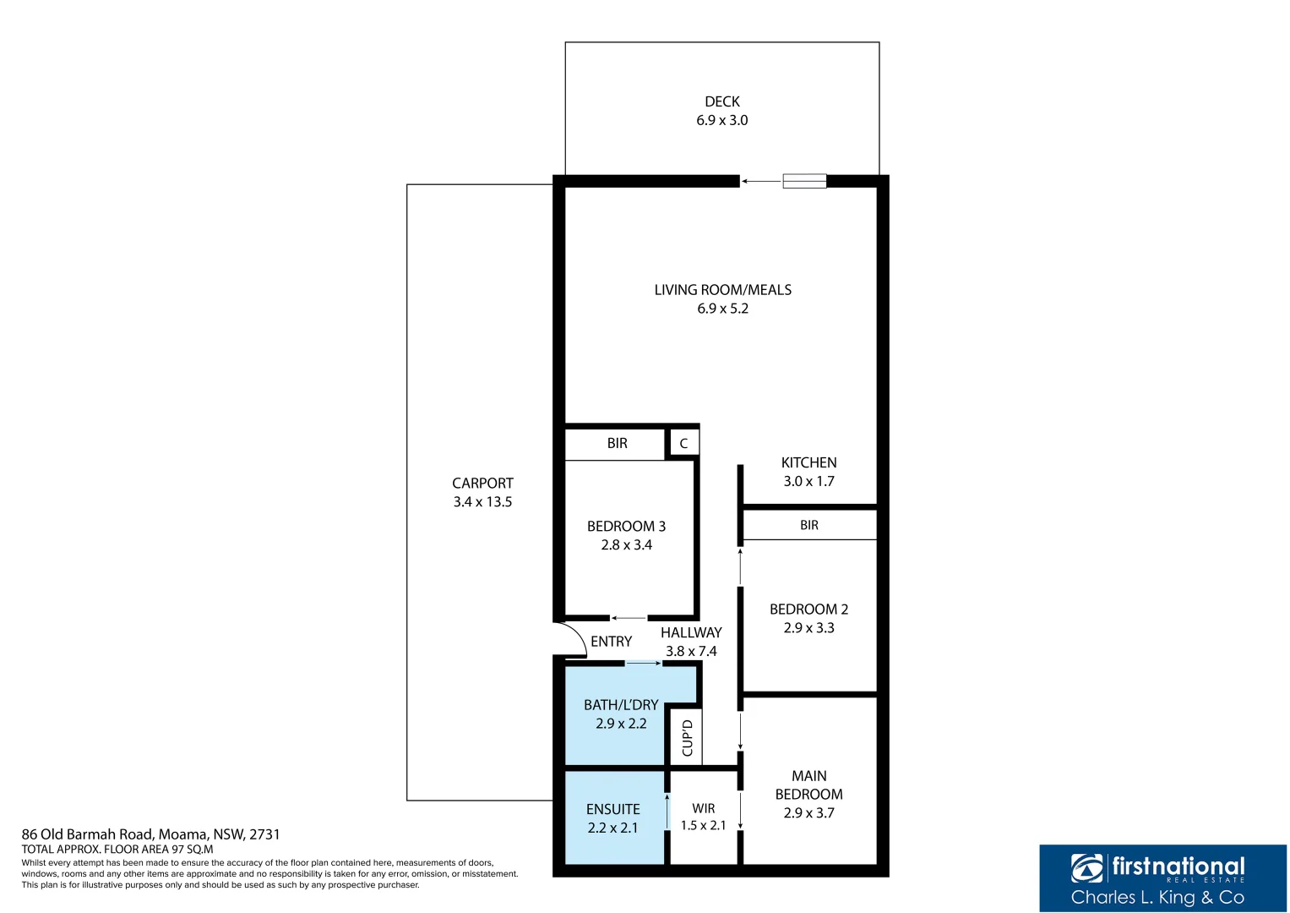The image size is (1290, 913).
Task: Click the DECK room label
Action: pyautogui.click(x=721, y=101)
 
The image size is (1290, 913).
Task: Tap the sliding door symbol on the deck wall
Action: pyautogui.click(x=803, y=181)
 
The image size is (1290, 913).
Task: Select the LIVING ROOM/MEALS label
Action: pyautogui.click(x=722, y=290)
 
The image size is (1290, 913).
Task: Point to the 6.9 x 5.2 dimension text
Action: pyautogui.click(x=722, y=309)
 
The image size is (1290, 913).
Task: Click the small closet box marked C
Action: pyautogui.click(x=683, y=443)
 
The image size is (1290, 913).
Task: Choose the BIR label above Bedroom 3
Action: pyautogui.click(x=617, y=443)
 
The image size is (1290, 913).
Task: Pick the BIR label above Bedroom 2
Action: pyautogui.click(x=808, y=525)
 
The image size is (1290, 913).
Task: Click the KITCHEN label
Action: pyautogui.click(x=808, y=462)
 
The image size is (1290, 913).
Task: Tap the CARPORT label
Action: pyautogui.click(x=482, y=483)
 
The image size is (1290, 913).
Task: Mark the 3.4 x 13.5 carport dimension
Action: pyautogui.click(x=482, y=501)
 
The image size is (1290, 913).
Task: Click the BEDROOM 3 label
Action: pyautogui.click(x=626, y=526)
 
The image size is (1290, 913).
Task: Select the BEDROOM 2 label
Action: pyautogui.click(x=808, y=609)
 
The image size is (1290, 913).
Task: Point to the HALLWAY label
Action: pyautogui.click(x=691, y=632)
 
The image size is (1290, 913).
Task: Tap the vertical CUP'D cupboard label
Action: pyautogui.click(x=687, y=737)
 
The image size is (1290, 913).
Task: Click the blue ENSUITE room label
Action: pyautogui.click(x=612, y=809)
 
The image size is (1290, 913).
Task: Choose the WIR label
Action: pyautogui.click(x=703, y=808)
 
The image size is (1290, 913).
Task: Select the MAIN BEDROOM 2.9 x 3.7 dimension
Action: pyautogui.click(x=808, y=812)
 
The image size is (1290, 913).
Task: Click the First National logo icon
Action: pyautogui.click(x=1087, y=868)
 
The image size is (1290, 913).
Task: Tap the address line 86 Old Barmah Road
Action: pyautogui.click(x=150, y=834)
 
